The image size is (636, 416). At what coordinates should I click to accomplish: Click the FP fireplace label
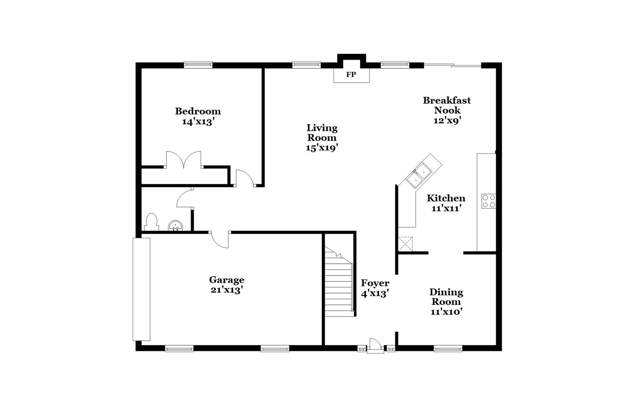pos(351,75)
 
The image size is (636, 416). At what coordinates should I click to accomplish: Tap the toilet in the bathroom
pos(152,222)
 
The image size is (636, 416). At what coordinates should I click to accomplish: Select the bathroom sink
pos(175,226)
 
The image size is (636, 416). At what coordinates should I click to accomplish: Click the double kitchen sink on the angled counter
pos(419,175)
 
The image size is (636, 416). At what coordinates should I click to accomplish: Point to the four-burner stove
pos(488,201)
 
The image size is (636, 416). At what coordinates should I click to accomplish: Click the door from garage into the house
pos(220,240)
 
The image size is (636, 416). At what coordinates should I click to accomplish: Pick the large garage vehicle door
pos(141,289)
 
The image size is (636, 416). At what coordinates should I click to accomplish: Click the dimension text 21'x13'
pos(226,290)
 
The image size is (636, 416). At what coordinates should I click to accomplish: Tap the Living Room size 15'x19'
pos(322,148)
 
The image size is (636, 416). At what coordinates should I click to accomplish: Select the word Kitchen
pos(446,198)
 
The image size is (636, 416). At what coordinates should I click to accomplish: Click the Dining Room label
pos(446,296)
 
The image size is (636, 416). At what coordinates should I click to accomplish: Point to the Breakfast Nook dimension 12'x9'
pos(447,120)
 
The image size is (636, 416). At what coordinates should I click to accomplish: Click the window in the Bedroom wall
pos(198,65)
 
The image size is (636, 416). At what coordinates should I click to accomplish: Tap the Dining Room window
pos(447,349)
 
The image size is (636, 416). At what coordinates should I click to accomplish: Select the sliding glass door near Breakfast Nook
pos(452,65)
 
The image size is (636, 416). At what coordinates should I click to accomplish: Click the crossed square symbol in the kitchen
pos(405,244)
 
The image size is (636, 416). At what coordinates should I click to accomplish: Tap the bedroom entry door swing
pos(245,178)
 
